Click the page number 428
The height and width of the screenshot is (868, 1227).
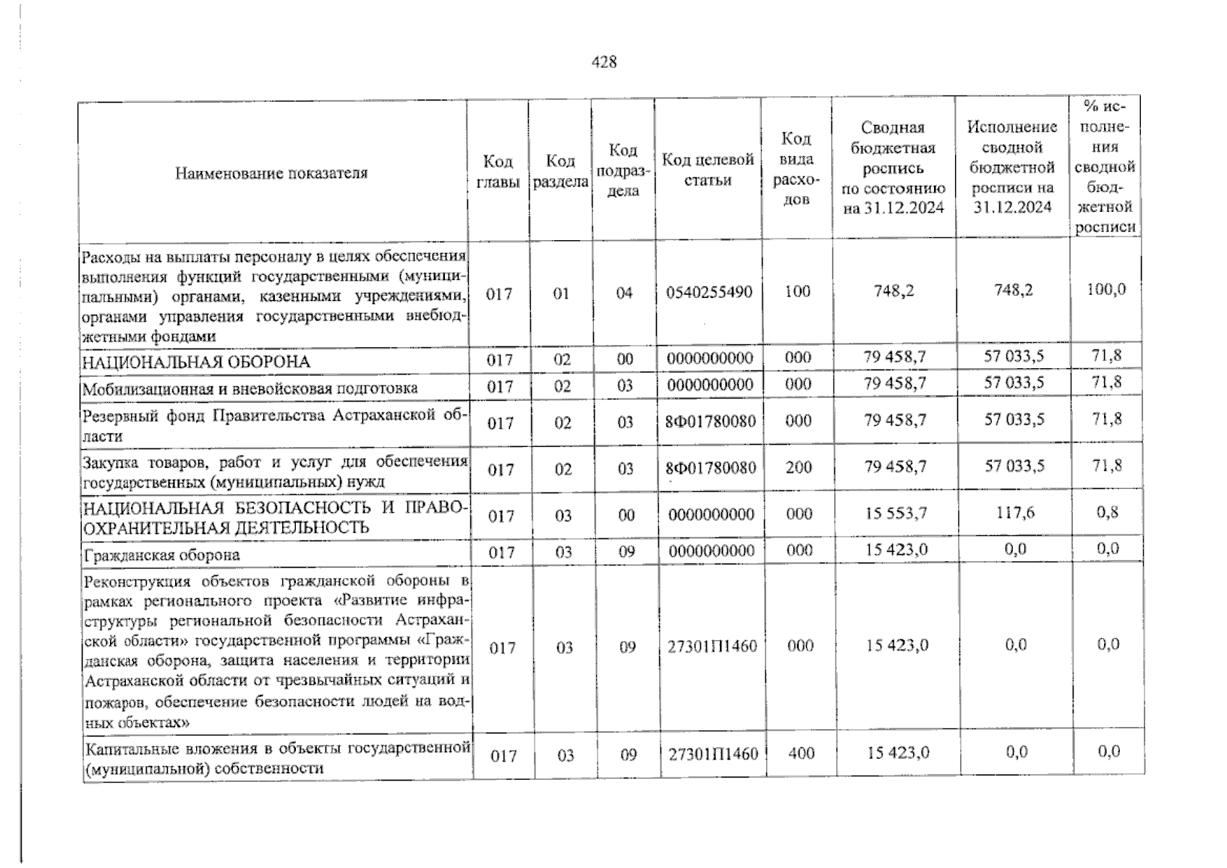604,62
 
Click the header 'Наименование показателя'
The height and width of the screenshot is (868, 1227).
271,173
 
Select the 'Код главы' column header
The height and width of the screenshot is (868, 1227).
498,172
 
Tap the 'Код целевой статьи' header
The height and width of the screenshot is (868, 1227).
708,169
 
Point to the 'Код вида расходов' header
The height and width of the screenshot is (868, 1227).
797,169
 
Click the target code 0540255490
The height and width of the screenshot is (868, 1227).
709,292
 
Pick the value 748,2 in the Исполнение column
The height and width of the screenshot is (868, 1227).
1013,290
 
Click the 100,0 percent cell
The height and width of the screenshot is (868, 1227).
1106,289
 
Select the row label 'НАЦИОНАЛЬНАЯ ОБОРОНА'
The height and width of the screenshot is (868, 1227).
196,362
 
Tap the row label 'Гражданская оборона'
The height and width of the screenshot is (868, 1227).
161,555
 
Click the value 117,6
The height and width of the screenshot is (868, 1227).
1015,513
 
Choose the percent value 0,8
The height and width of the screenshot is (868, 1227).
1107,513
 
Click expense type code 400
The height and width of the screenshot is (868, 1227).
801,753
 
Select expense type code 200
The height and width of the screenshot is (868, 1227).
799,467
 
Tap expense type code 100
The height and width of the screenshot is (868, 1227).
797,292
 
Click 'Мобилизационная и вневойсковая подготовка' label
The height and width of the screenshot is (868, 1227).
250,388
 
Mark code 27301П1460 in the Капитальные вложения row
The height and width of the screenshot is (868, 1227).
713,754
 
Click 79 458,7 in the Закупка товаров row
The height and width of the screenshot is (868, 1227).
895,467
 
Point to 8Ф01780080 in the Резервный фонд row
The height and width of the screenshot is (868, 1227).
710,421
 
